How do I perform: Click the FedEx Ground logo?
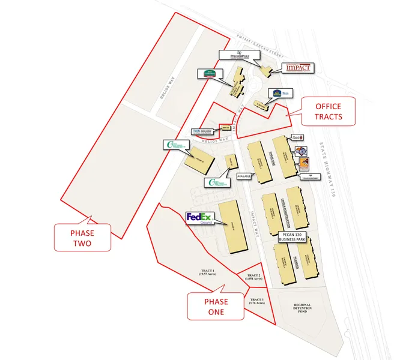[x=199, y=218]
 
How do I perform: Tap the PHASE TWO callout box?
[x=82, y=237]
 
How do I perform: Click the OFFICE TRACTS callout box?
[x=328, y=111]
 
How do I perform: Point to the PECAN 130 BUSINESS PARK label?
[x=292, y=236]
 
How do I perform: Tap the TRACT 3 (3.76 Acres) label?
[x=257, y=302]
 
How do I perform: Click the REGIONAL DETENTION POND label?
[x=302, y=308]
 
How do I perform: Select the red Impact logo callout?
[x=297, y=68]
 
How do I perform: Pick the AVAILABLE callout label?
[x=244, y=177]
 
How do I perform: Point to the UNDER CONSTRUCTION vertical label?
[x=281, y=209]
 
